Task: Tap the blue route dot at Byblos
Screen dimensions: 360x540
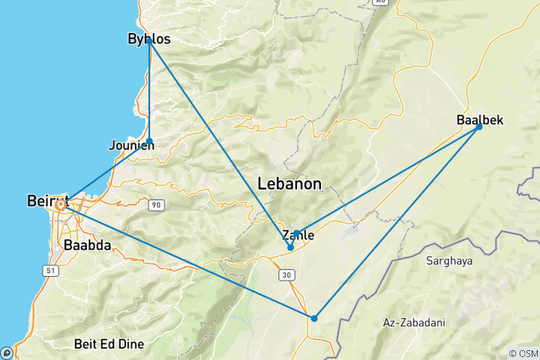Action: tap(149, 41)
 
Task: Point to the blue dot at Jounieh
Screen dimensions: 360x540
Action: tap(150, 141)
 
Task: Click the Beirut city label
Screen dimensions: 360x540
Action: tap(47, 201)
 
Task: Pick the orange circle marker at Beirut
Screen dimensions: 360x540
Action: tap(60, 203)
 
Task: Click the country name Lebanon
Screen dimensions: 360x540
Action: tap(289, 183)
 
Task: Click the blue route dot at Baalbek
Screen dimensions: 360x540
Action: tap(479, 127)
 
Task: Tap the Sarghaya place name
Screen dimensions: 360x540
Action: tap(449, 261)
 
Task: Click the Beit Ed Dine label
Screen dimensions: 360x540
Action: tap(109, 344)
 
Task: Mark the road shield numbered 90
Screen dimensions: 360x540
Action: tap(155, 205)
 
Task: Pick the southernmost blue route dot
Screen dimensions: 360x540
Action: tap(314, 319)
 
